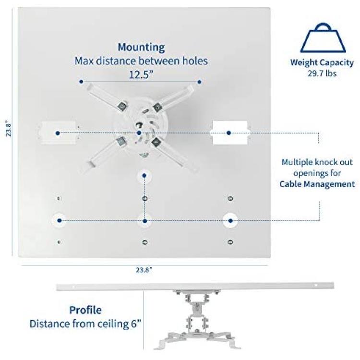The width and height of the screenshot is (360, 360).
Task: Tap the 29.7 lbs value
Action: [322, 73]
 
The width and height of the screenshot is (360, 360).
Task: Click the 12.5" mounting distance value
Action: [141, 74]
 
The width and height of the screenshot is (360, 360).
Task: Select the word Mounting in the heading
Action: [141, 48]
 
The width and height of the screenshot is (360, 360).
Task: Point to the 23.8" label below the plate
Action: [144, 270]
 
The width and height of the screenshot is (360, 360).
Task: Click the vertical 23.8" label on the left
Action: [9, 128]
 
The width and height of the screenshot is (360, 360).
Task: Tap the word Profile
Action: [85, 310]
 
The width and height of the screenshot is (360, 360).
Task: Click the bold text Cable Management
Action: [317, 184]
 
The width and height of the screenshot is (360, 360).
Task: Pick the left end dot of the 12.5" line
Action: [81, 82]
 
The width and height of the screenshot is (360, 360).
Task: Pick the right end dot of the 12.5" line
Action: [199, 82]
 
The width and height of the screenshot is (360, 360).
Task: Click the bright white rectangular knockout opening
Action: [230, 132]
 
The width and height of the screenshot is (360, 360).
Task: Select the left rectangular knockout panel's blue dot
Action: [58, 133]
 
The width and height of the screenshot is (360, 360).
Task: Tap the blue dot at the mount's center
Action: [139, 133]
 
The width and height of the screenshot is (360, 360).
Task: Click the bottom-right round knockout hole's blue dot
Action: [230, 221]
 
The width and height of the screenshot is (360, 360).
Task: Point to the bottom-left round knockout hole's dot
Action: [60, 221]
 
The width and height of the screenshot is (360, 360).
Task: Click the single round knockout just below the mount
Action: [144, 176]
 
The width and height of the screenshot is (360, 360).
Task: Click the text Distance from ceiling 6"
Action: [85, 324]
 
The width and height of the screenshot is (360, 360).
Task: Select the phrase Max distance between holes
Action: [141, 61]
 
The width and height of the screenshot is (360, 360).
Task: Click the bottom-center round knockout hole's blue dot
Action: [144, 221]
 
